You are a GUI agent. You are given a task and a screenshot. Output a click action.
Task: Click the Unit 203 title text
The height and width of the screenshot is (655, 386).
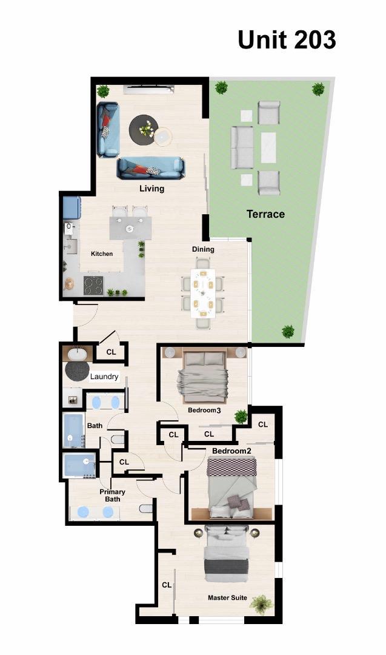tap(286, 39)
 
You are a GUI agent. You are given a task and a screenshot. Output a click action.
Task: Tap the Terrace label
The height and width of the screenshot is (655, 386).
tap(265, 214)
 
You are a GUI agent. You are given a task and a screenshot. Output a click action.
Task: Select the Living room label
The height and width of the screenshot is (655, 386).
tap(151, 189)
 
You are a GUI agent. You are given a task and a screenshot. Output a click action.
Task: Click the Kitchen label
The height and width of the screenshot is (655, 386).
tap(102, 254)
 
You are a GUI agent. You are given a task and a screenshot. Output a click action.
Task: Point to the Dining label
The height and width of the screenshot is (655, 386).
tap(203, 249)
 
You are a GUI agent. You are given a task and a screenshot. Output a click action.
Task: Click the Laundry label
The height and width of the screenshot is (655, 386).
tap(104, 377)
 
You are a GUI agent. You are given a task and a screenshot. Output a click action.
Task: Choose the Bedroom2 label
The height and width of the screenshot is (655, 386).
tap(231, 451)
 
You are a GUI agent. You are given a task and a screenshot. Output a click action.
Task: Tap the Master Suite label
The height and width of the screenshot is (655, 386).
tap(227, 598)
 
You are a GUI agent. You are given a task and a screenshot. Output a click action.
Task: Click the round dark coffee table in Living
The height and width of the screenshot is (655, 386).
tap(144, 129)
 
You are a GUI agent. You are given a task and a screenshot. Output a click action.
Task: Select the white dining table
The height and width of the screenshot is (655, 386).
tap(202, 293)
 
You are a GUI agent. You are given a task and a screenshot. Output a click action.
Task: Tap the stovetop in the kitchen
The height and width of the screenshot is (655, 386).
tap(93, 285)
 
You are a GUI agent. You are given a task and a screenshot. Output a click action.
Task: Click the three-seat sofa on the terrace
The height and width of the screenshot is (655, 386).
tap(242, 147)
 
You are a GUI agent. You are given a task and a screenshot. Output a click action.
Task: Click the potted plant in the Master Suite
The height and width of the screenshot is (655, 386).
tap(261, 603)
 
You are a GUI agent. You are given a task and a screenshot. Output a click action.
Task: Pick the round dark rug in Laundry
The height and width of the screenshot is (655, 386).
tap(77, 371)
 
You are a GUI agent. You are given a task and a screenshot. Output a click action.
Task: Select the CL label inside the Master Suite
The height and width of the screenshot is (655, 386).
tap(166, 585)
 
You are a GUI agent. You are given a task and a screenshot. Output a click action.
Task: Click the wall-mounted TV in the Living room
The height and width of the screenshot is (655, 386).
tap(149, 90)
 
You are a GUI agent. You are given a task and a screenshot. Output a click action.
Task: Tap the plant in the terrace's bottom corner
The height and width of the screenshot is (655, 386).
tap(288, 332)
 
